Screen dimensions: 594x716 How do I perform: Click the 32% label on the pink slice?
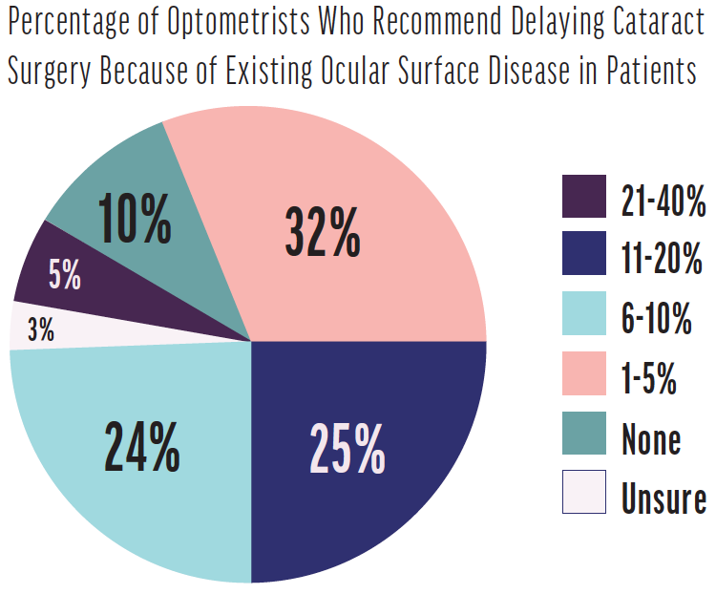pos(323,231)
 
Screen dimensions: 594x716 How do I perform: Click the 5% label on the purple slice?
pos(65,277)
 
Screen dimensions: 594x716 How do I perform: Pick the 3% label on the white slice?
pos(41,331)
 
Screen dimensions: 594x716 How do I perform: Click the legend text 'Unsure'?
pos(663,498)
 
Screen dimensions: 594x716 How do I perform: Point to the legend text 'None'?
pos(652,438)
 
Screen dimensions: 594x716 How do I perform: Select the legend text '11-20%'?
pos(663,261)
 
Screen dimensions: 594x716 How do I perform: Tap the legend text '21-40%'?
pos(663,202)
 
